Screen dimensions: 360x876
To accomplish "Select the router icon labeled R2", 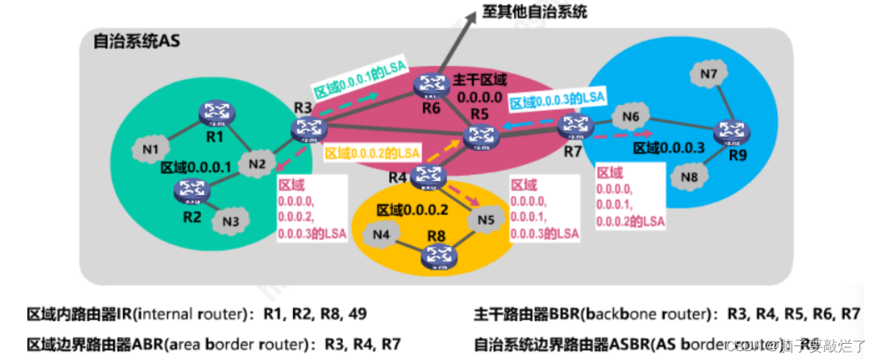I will click(192, 190).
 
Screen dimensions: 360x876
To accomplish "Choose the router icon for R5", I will click(482, 134).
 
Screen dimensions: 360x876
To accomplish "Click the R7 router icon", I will click(571, 126).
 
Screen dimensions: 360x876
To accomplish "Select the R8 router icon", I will click(438, 256).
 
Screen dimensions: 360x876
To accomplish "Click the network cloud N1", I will click(151, 150).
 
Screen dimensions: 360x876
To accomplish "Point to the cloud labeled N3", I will click(230, 219).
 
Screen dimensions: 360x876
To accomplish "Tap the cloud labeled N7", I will click(709, 74).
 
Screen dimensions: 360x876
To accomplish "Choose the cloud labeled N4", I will click(380, 235).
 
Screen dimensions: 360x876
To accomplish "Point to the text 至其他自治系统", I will click(534, 12).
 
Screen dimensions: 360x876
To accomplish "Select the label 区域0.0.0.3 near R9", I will click(669, 148).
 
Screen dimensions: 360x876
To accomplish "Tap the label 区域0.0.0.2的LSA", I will click(372, 154).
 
